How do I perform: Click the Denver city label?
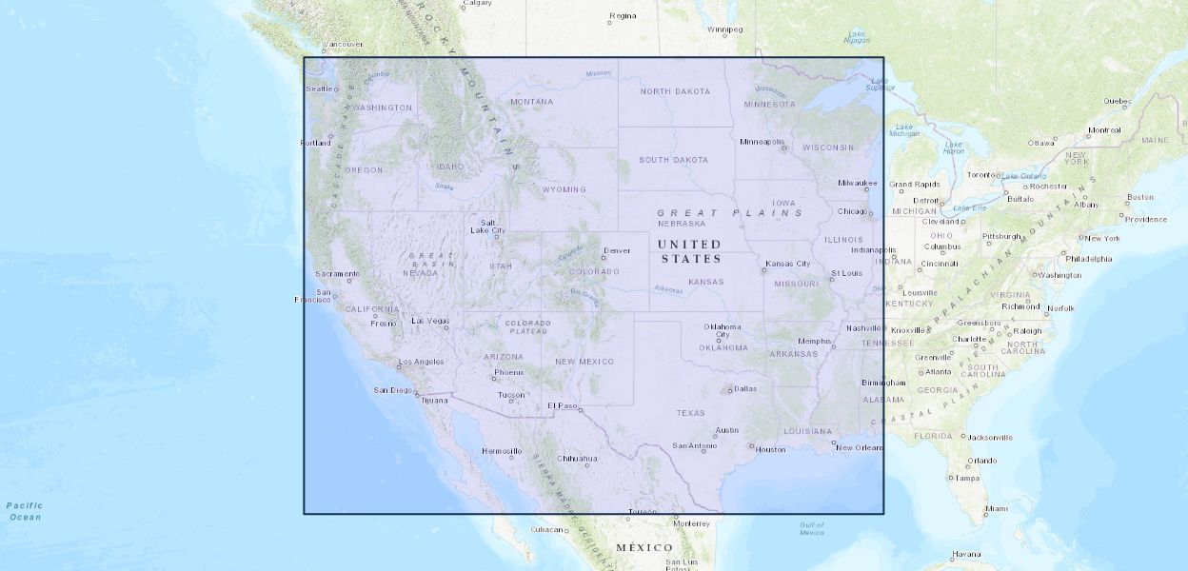(617, 250)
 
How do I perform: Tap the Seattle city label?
(319, 89)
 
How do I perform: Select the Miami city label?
(996, 508)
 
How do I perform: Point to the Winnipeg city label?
(723, 29)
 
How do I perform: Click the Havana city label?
(965, 554)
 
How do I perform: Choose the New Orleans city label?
(860, 446)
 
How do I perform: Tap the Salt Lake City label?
(487, 226)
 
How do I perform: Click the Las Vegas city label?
(429, 321)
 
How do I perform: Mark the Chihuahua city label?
(577, 458)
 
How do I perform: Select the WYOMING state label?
(564, 188)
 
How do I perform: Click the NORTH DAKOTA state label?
(675, 91)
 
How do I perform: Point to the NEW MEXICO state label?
(584, 361)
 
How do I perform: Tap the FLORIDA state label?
(933, 436)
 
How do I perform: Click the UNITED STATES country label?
(690, 251)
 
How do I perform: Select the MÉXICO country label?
(644, 547)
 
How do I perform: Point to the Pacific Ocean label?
(24, 511)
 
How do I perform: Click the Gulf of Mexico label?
(811, 528)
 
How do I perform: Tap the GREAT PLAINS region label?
(730, 212)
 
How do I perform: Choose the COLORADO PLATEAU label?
(528, 327)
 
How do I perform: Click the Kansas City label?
(787, 263)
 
